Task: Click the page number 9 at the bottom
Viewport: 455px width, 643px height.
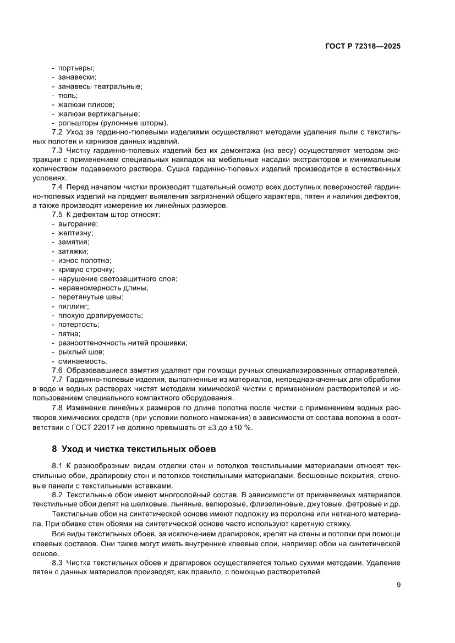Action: click(x=398, y=585)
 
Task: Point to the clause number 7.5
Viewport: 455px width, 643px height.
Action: click(x=57, y=215)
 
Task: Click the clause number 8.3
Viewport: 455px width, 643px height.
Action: click(x=57, y=563)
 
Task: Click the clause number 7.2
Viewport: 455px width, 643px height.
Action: click(x=57, y=132)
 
